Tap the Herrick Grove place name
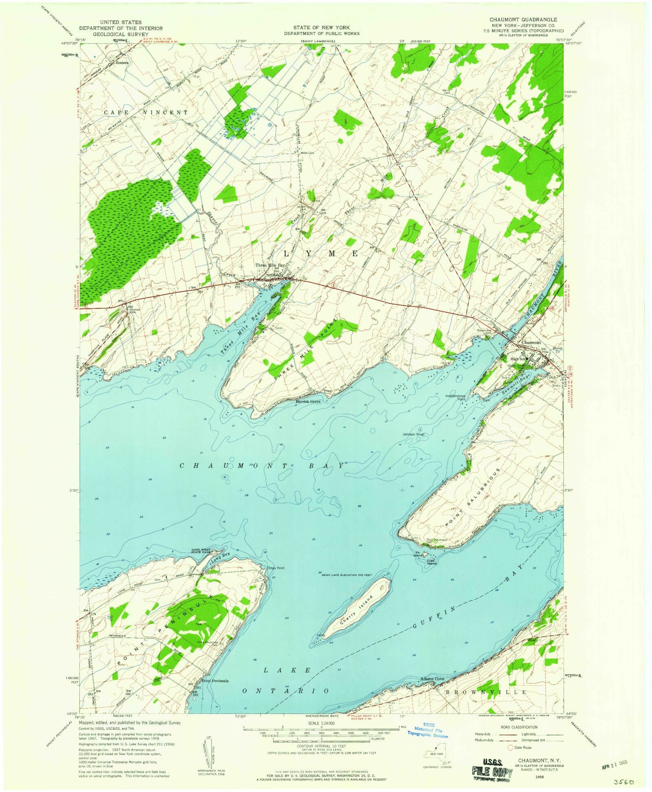308,401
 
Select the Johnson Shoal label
414,434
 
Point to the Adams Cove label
432,679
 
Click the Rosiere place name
122,63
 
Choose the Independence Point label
455,397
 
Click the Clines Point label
275,568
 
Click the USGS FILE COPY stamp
492,773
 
